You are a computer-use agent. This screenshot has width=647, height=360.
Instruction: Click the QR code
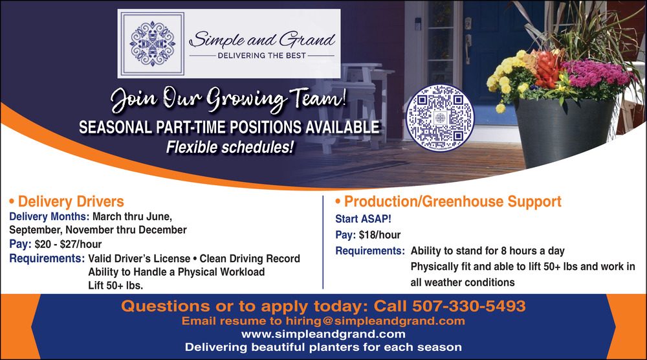[x=440, y=118]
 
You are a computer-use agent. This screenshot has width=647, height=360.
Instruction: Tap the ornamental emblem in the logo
[x=152, y=44]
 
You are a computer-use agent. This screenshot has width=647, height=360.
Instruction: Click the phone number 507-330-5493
[x=468, y=306]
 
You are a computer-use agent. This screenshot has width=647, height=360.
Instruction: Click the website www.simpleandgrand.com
[x=323, y=334]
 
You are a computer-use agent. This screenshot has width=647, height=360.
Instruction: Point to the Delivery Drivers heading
[x=67, y=201]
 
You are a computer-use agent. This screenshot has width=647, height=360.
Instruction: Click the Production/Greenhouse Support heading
[x=448, y=201]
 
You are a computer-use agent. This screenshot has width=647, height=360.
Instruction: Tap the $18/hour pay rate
[x=380, y=235]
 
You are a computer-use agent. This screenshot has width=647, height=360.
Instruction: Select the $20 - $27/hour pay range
[x=68, y=244]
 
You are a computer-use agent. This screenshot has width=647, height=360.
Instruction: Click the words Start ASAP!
[x=363, y=219]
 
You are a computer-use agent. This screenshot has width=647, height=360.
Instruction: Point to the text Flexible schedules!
[x=230, y=148]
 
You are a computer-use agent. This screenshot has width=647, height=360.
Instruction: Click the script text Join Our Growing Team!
[x=228, y=99]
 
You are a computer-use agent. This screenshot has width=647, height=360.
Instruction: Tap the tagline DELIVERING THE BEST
[x=261, y=55]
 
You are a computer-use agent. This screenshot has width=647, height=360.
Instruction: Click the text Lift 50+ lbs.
[x=116, y=286]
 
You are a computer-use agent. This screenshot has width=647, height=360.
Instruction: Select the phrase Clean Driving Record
[x=250, y=258]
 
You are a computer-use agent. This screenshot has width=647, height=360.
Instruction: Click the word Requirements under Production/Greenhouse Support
[x=370, y=251]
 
